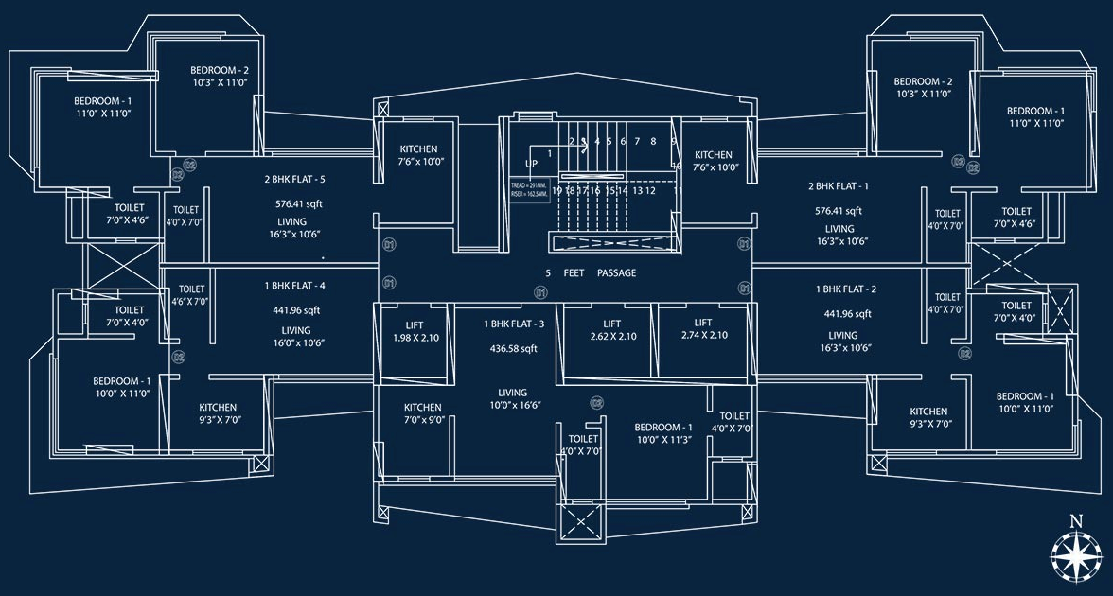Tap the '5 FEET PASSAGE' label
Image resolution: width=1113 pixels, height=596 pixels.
point(590,273)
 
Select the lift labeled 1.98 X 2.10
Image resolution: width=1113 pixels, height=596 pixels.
point(416,331)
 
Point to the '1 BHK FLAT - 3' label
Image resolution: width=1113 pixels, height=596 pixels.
point(515,324)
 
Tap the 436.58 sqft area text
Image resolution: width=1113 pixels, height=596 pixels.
point(515,348)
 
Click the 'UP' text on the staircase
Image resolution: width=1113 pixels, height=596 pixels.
point(518,164)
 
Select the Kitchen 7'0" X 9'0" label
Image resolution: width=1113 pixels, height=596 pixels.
point(423,413)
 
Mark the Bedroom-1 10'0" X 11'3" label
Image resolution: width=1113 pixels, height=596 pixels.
point(663,433)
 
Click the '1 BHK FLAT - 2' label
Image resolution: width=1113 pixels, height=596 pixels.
point(846,289)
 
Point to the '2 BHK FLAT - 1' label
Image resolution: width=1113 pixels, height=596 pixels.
point(838,186)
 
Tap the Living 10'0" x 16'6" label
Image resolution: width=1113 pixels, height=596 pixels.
point(513,398)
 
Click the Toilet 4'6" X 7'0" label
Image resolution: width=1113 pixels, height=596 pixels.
point(191,295)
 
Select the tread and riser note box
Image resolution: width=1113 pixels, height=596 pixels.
point(528,190)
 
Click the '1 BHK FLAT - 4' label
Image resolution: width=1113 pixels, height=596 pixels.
point(295,285)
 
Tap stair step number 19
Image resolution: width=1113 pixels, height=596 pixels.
point(557,190)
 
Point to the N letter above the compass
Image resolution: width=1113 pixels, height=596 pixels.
point(1075,520)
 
